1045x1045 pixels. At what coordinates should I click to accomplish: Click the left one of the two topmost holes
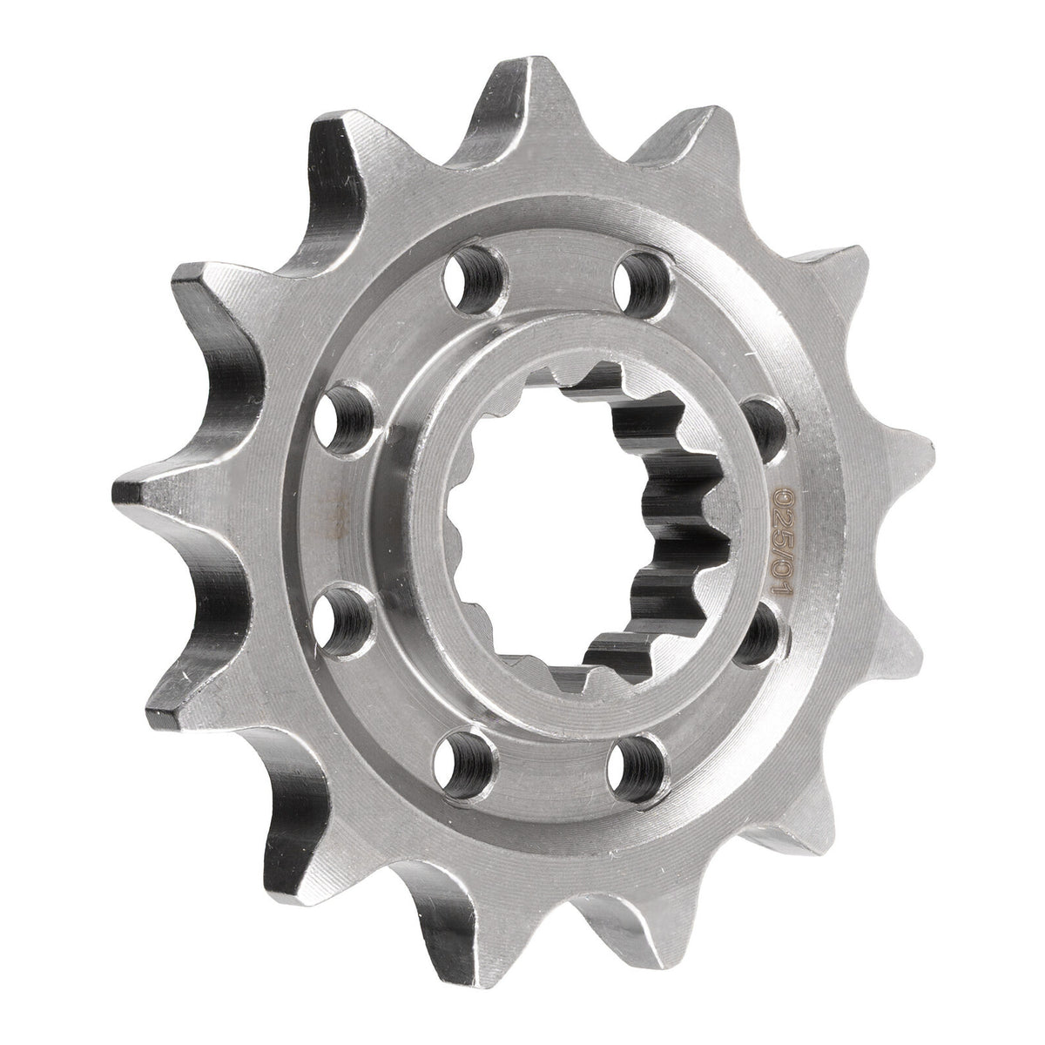click(475, 276)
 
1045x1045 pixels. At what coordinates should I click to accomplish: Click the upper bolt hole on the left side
click(354, 415)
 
